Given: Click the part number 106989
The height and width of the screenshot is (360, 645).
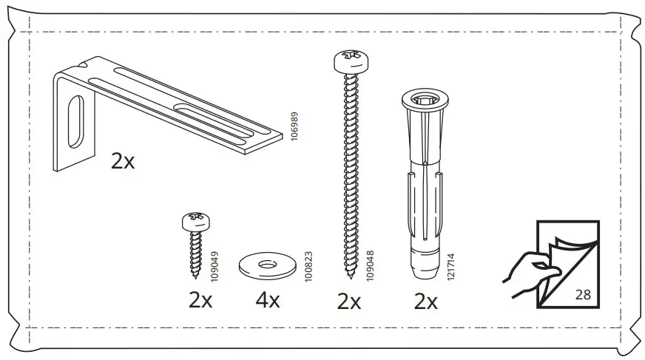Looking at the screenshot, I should click(294, 127).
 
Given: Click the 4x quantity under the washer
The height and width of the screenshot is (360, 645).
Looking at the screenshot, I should click(267, 302).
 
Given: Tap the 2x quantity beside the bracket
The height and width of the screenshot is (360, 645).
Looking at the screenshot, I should click(123, 162).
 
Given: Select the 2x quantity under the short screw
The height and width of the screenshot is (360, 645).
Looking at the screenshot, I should click(200, 302).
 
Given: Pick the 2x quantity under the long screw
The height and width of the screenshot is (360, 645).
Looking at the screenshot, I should click(348, 302).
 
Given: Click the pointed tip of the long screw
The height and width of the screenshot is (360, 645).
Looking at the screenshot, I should click(348, 276).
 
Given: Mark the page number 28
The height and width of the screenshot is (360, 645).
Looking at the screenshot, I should click(582, 294).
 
